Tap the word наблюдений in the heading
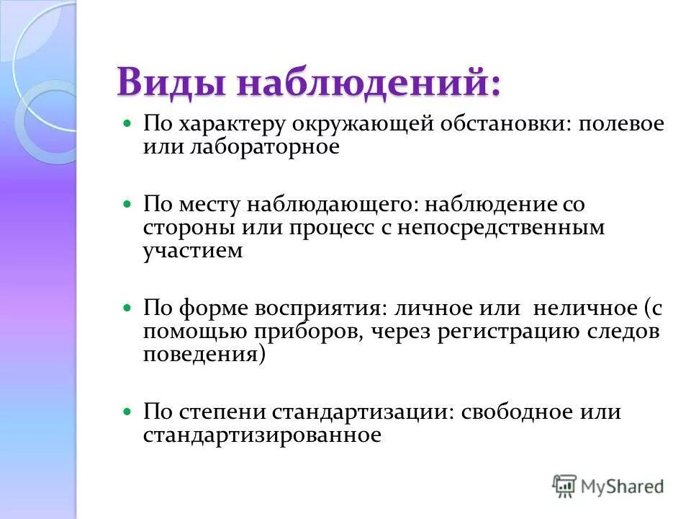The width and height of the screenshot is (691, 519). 366,81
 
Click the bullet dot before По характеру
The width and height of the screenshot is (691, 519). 128,123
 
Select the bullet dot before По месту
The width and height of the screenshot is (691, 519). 128,205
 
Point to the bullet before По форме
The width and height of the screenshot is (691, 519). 128,308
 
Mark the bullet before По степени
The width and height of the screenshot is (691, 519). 128,412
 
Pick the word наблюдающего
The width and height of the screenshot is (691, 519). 332,204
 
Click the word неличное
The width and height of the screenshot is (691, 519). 584,308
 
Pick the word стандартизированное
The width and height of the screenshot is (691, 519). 261,435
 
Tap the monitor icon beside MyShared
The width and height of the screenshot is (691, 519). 564,486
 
